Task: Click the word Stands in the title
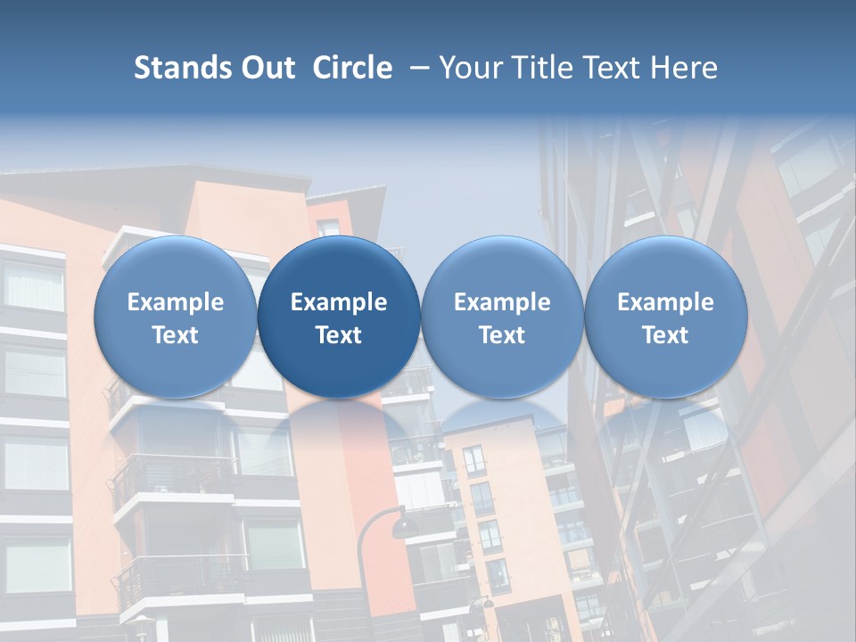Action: tap(179, 68)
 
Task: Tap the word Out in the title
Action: tap(266, 68)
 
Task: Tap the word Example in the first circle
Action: tap(176, 302)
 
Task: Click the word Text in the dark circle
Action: tap(339, 335)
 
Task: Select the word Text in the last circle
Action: tap(666, 335)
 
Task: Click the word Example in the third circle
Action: tap(502, 302)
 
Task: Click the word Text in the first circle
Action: tap(176, 335)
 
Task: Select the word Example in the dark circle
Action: tap(339, 302)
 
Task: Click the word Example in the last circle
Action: tap(666, 302)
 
